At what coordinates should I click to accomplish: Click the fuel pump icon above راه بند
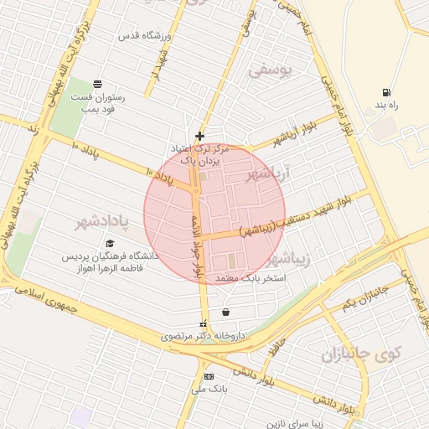(x=385, y=93)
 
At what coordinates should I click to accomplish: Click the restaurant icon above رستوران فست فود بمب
(x=98, y=83)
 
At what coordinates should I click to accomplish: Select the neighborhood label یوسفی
(x=271, y=72)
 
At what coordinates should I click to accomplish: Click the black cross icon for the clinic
(x=199, y=136)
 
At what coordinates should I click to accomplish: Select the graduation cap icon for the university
(x=110, y=243)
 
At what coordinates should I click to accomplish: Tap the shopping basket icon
(x=226, y=313)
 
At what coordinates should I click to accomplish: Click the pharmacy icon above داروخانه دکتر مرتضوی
(x=201, y=324)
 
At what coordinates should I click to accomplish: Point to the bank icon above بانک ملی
(x=209, y=376)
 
